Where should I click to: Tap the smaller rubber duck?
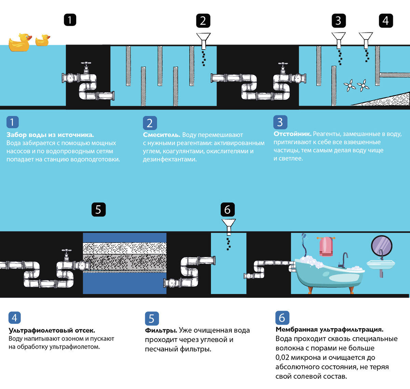[42, 40]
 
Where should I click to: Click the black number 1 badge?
[70, 20]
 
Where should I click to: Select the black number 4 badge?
[386, 20]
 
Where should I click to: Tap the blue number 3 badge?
[280, 122]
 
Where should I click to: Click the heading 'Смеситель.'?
[161, 135]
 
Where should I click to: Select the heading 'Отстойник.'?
[292, 134]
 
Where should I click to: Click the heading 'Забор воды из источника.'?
[50, 135]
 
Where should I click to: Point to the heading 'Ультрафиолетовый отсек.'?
[52, 331]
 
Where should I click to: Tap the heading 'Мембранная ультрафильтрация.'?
[329, 330]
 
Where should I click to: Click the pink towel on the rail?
[326, 247]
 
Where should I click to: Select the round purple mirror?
[381, 245]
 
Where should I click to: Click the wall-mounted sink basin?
[381, 264]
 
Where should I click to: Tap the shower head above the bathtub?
[303, 236]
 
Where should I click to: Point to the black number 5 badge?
[98, 209]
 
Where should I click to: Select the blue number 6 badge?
[282, 318]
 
